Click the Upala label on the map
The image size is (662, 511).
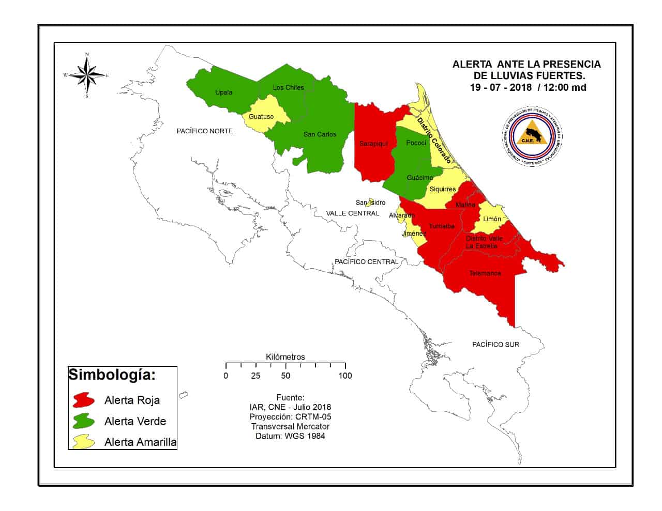click(223, 92)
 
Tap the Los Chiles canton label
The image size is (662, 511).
click(288, 87)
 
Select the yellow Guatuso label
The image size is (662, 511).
click(261, 117)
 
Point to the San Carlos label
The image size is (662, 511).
click(320, 134)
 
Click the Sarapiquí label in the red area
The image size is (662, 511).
click(373, 144)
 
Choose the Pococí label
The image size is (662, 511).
click(416, 143)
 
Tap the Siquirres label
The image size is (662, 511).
click(443, 189)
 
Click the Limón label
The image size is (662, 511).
click(492, 219)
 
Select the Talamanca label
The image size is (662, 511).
click(485, 273)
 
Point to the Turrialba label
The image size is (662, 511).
click(442, 226)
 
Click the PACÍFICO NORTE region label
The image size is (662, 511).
click(205, 131)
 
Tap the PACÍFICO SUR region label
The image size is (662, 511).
click(495, 344)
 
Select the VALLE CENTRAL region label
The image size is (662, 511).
click(353, 213)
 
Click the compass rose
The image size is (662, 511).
click(87, 75)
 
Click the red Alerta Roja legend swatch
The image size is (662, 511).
click(84, 400)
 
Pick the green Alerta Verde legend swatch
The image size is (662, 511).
click(84, 421)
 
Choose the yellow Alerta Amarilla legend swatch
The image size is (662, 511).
click(84, 442)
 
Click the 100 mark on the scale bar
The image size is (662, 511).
click(345, 376)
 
